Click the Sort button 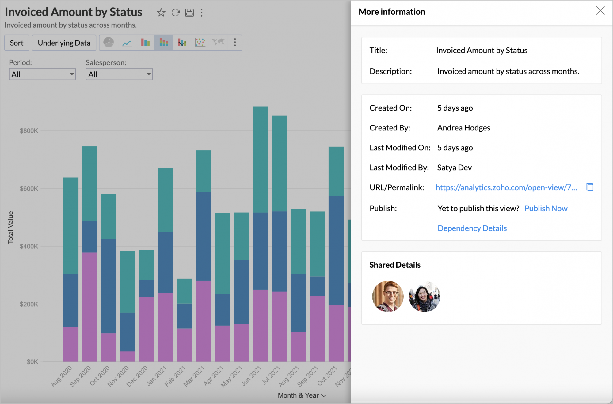[17, 43]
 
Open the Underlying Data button [64, 43]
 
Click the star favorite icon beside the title [161, 13]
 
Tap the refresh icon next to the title [175, 13]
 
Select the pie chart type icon [109, 42]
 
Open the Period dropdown [42, 74]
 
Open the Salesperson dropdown [119, 74]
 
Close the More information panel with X [600, 11]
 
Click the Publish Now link [546, 208]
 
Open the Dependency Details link [472, 228]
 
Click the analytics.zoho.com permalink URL [506, 187]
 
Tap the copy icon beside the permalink [590, 187]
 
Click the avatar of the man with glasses [388, 296]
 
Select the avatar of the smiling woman [425, 296]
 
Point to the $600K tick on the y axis [29, 188]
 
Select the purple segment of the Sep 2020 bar [90, 306]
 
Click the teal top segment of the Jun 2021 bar [260, 159]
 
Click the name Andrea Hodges [463, 128]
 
